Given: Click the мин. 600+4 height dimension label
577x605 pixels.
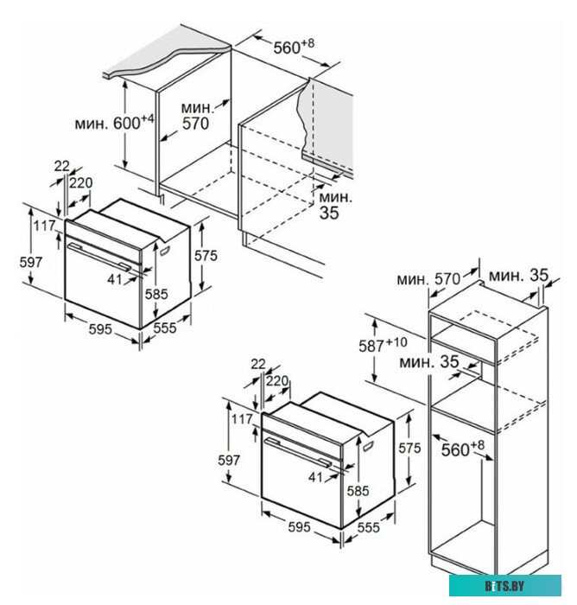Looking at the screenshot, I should coord(134,123).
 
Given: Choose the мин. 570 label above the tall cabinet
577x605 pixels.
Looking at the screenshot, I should coord(428,279).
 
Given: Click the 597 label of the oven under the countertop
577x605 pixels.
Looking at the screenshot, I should coord(31,260).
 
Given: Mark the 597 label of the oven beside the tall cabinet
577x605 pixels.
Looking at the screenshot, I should coord(229,461).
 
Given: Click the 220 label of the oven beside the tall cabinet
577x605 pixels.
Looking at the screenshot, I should coord(277,379).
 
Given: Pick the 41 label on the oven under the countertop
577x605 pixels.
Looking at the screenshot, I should coord(116,279).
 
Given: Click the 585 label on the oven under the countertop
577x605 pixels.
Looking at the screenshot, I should coord(156,294).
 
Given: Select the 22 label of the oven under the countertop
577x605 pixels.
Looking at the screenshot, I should coord(61,165).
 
